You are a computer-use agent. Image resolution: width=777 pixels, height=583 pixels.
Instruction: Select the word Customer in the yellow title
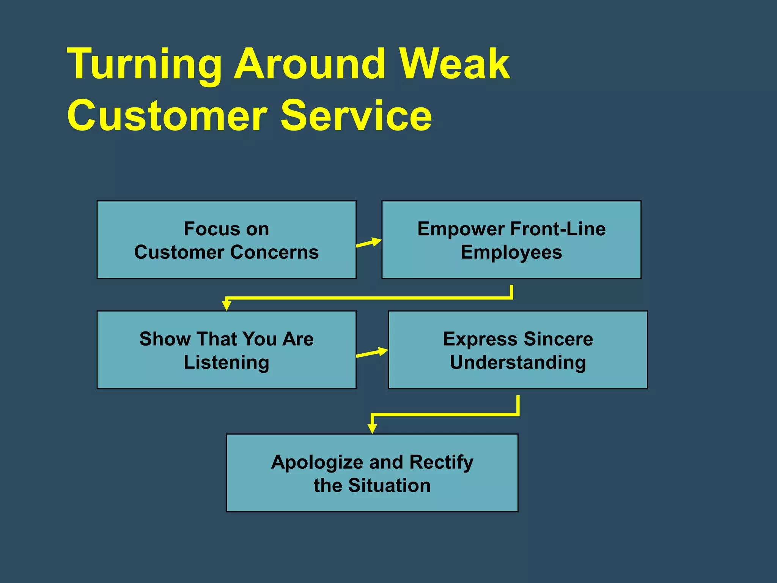(x=167, y=115)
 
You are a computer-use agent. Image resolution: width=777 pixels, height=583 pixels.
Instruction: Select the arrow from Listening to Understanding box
(x=372, y=353)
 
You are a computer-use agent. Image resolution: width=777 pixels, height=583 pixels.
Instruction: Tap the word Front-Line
(x=558, y=229)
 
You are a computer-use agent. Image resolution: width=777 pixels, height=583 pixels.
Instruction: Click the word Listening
(x=226, y=362)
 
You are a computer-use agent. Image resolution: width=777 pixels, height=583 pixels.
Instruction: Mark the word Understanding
(x=518, y=362)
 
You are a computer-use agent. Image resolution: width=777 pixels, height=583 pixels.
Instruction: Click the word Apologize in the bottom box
(x=317, y=463)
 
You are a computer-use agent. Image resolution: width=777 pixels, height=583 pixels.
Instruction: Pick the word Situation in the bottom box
(x=389, y=485)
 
